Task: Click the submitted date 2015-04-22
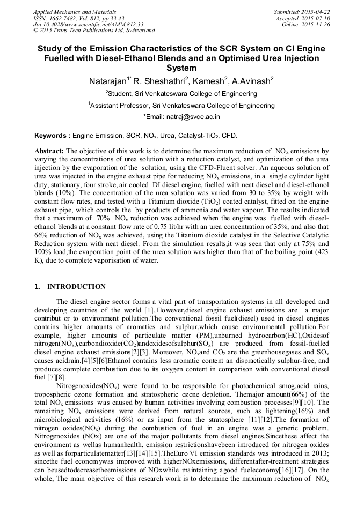[x=315, y=12]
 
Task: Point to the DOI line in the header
[x=88, y=24]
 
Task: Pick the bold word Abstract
[x=49, y=152]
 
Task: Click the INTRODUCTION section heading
[x=76, y=287]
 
